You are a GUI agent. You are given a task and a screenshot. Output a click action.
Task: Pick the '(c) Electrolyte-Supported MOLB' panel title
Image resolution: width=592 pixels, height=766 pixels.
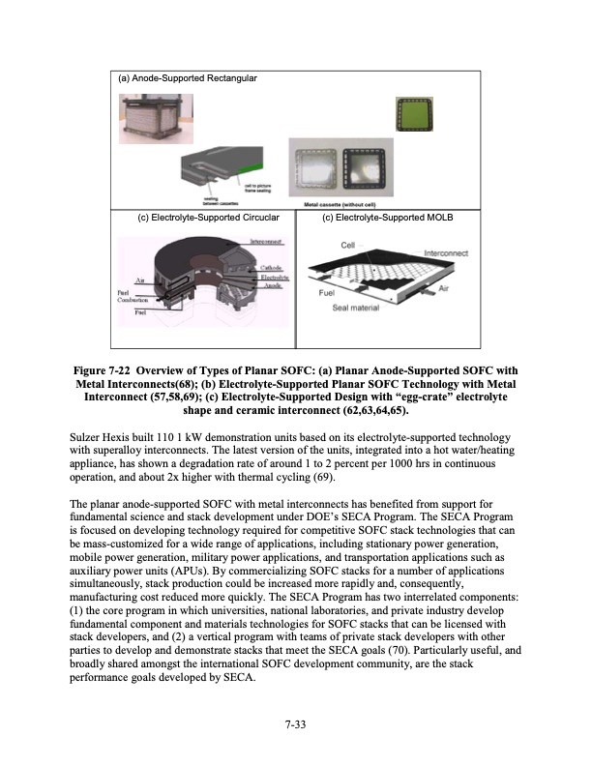(x=388, y=218)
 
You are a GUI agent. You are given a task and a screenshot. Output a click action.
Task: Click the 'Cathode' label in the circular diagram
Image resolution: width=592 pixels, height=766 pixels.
(x=271, y=267)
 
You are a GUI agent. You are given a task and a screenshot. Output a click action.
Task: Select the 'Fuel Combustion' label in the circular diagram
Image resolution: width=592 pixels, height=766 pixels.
(x=133, y=298)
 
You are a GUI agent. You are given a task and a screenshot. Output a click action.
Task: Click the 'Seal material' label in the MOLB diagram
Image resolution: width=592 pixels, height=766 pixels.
(x=354, y=309)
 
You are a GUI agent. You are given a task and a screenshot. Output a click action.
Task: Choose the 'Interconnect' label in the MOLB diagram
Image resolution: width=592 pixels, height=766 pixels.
(x=447, y=253)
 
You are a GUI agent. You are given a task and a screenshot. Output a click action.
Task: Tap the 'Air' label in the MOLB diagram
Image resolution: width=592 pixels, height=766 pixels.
(x=445, y=288)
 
